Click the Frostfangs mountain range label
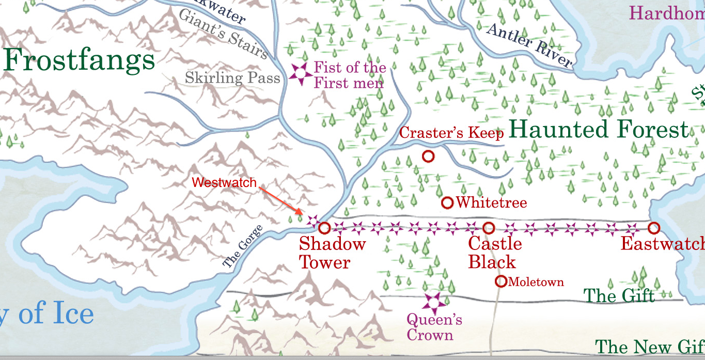[x=79, y=60]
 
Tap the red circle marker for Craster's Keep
[x=428, y=156]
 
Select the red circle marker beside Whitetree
[x=447, y=202]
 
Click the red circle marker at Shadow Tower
[x=324, y=228]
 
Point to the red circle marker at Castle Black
[x=489, y=228]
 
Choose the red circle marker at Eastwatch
[x=654, y=228]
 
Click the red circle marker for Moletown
[x=500, y=281]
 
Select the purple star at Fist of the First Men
[x=299, y=74]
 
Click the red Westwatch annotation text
[x=224, y=183]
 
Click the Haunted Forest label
[x=599, y=130]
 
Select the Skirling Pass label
[x=232, y=79]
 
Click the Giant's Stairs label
[x=223, y=34]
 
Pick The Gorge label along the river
[x=243, y=247]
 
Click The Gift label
[x=619, y=296]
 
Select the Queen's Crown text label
[x=434, y=327]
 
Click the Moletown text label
[x=536, y=282]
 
